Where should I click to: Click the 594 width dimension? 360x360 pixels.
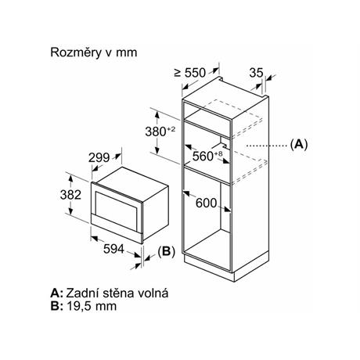(113, 249)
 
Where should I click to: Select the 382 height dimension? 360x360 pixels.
(70, 195)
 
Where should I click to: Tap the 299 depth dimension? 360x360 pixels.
(99, 157)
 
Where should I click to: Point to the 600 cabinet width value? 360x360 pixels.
(206, 203)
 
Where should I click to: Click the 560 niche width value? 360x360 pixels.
(203, 156)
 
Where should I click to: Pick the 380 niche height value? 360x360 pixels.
(156, 131)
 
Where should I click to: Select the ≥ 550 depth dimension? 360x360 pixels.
(190, 73)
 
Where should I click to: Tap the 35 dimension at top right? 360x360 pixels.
(256, 73)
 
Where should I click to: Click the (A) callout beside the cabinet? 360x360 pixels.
(299, 144)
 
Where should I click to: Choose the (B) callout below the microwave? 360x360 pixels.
(167, 251)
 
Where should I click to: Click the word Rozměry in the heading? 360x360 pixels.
(76, 52)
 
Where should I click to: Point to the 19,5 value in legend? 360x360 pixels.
(79, 306)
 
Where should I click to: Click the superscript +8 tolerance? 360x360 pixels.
(218, 154)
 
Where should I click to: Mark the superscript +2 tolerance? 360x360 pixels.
(171, 129)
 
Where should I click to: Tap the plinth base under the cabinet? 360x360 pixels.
(226, 268)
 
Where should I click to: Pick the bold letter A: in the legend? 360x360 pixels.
(56, 293)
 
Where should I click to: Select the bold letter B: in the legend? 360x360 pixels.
(56, 306)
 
